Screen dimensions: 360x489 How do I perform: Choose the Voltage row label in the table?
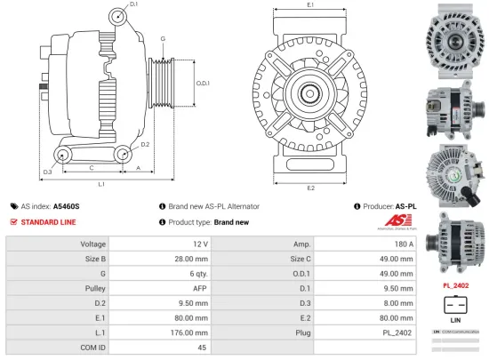(93, 243)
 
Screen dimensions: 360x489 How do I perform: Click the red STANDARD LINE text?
(49, 221)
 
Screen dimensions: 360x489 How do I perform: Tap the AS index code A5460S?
(66, 205)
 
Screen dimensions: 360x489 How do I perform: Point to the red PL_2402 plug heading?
(455, 285)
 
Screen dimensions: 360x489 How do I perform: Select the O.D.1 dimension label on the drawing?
(203, 83)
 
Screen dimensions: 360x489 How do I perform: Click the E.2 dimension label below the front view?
(310, 188)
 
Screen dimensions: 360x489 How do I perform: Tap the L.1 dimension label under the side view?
(101, 184)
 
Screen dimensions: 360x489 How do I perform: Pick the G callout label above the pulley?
(163, 39)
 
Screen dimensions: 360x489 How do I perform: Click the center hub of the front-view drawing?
(310, 90)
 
